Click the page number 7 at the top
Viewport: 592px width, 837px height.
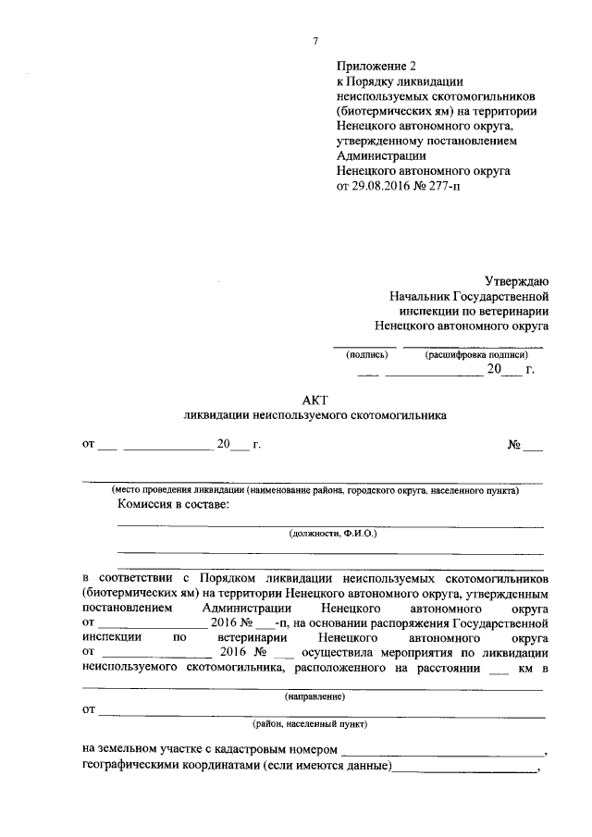click(315, 41)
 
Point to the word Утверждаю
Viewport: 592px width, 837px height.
click(517, 281)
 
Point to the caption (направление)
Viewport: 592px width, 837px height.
click(314, 695)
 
